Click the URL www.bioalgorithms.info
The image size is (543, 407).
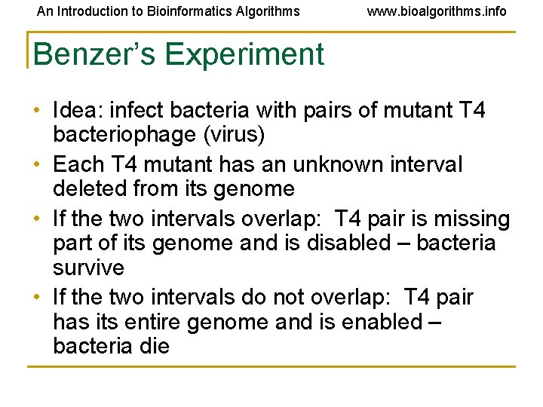(x=437, y=11)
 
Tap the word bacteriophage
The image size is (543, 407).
(x=123, y=136)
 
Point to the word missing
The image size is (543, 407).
(x=468, y=219)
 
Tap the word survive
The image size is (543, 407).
(x=88, y=268)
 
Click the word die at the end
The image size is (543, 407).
(x=155, y=347)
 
